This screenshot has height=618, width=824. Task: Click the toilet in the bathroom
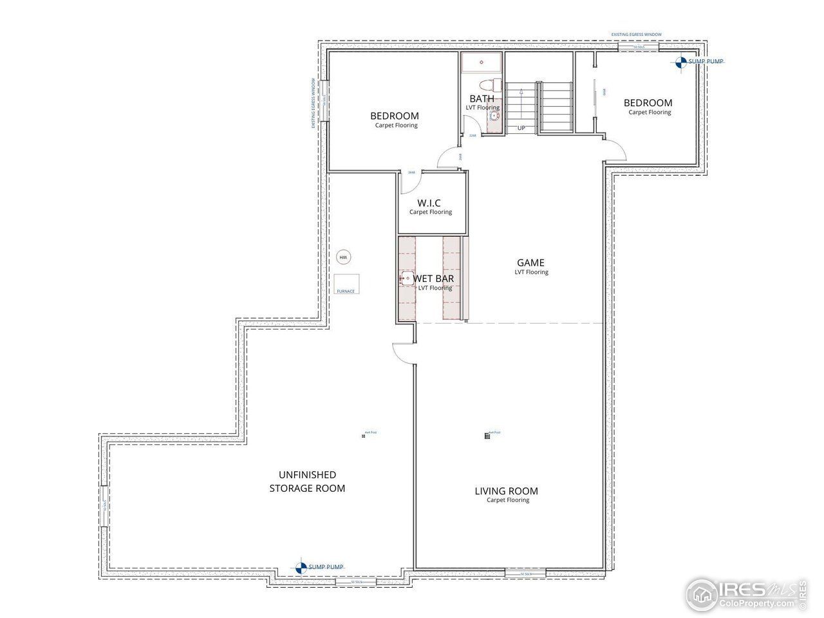coord(492,85)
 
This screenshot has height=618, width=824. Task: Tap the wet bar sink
coord(407,279)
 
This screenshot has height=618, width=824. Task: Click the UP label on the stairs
coord(521,128)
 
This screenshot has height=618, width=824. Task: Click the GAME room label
coord(531,263)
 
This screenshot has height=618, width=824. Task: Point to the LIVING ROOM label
coord(507,491)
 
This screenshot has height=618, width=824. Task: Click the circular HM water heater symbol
coord(343,257)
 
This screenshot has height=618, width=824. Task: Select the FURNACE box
coord(346,284)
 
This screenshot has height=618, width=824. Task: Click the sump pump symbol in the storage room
coord(301,567)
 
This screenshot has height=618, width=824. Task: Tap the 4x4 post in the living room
coord(487,436)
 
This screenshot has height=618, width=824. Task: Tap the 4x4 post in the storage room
coord(364,436)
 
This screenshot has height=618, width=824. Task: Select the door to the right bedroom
coord(615,149)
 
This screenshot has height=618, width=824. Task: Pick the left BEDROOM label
coord(394,116)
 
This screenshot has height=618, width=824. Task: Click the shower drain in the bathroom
coord(482,62)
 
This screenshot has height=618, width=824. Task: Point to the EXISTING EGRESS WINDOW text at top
coord(636,35)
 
